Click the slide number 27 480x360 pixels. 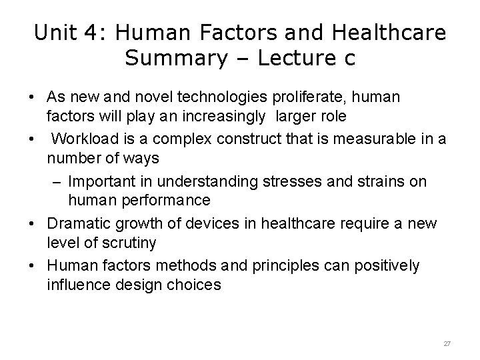[x=447, y=343]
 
